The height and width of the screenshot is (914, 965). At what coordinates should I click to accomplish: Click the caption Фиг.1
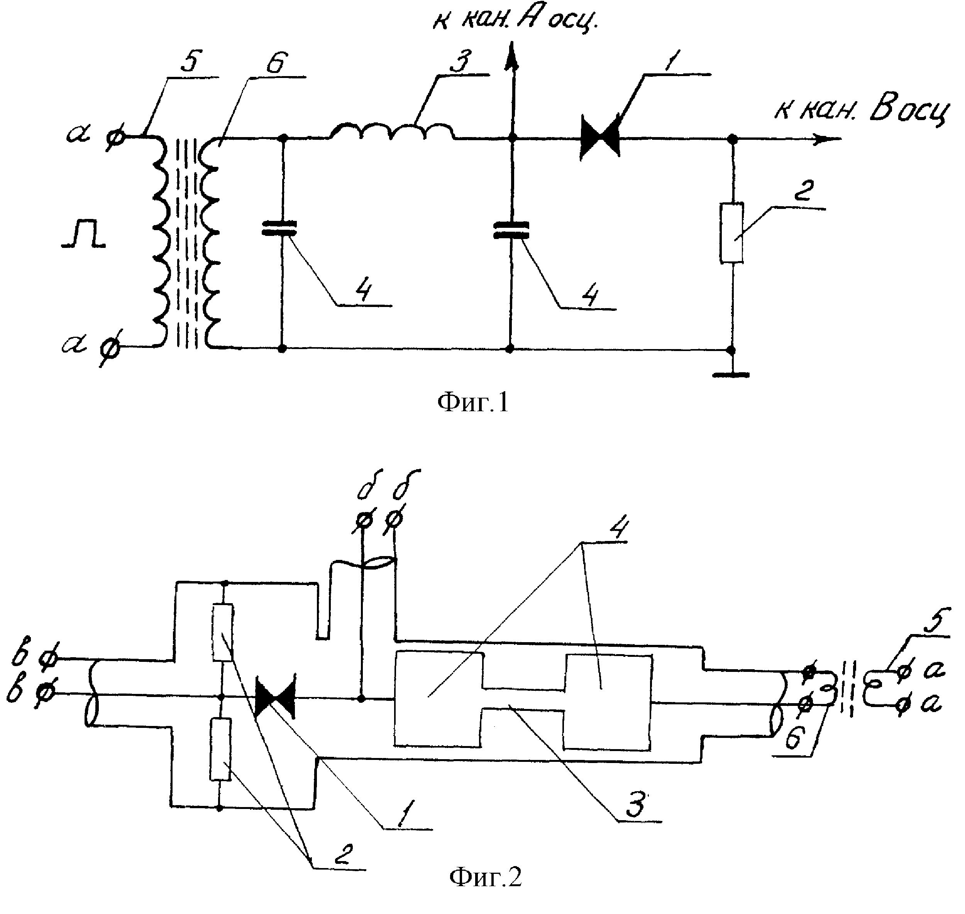point(472,402)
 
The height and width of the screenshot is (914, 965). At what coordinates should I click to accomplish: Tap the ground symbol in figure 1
point(731,375)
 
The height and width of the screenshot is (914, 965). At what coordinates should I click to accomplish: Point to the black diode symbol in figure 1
point(600,138)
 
